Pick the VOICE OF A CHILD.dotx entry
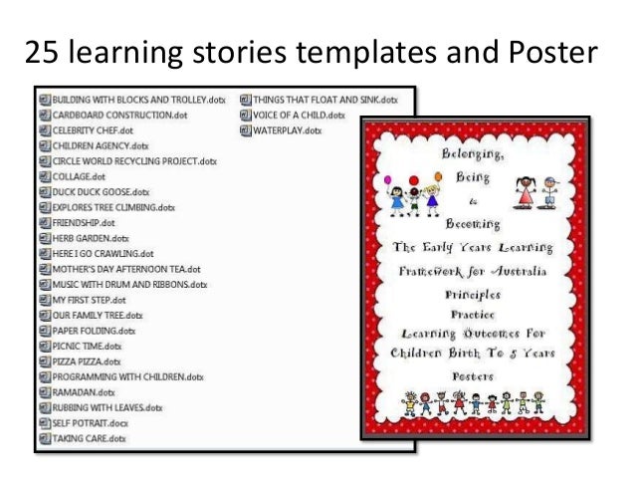point(299,115)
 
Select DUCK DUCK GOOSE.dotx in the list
point(101,192)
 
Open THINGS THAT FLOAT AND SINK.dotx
point(324,100)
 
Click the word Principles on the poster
point(473,294)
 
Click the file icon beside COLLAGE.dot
point(44,176)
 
